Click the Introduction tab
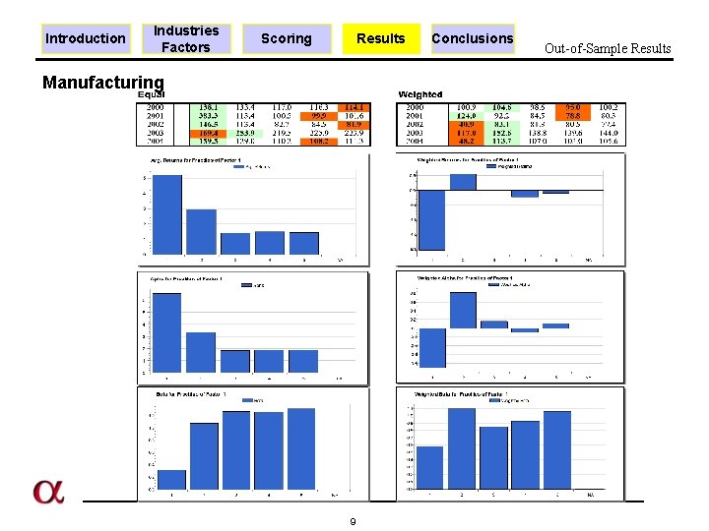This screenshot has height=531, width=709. [x=87, y=38]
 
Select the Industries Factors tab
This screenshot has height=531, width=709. [x=186, y=38]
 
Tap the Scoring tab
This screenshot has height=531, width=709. [x=286, y=38]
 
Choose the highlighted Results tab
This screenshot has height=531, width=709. [x=380, y=38]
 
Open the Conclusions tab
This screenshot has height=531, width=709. [x=473, y=38]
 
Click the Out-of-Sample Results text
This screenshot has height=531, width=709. [x=608, y=48]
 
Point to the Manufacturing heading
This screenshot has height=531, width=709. [x=103, y=83]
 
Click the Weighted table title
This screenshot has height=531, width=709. [x=420, y=94]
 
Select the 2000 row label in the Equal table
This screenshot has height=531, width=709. [x=153, y=106]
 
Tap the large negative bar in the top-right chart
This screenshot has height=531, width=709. [x=432, y=220]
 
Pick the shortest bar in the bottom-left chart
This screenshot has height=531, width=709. [x=172, y=480]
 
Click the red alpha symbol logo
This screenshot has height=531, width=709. [x=47, y=492]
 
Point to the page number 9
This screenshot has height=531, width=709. [x=353, y=521]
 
